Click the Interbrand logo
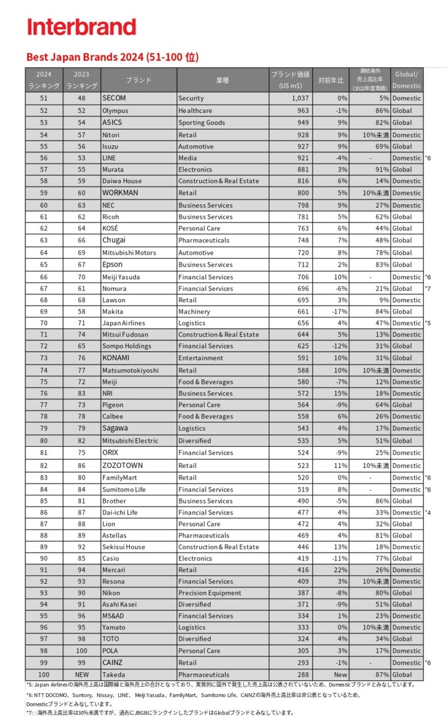(81, 27)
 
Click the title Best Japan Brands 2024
(112, 57)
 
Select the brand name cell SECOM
(114, 98)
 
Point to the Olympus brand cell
(115, 111)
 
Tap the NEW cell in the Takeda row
(82, 674)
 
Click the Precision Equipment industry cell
(210, 593)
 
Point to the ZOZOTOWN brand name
(122, 466)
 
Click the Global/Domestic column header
(406, 80)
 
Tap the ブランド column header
(139, 80)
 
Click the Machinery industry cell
(194, 311)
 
